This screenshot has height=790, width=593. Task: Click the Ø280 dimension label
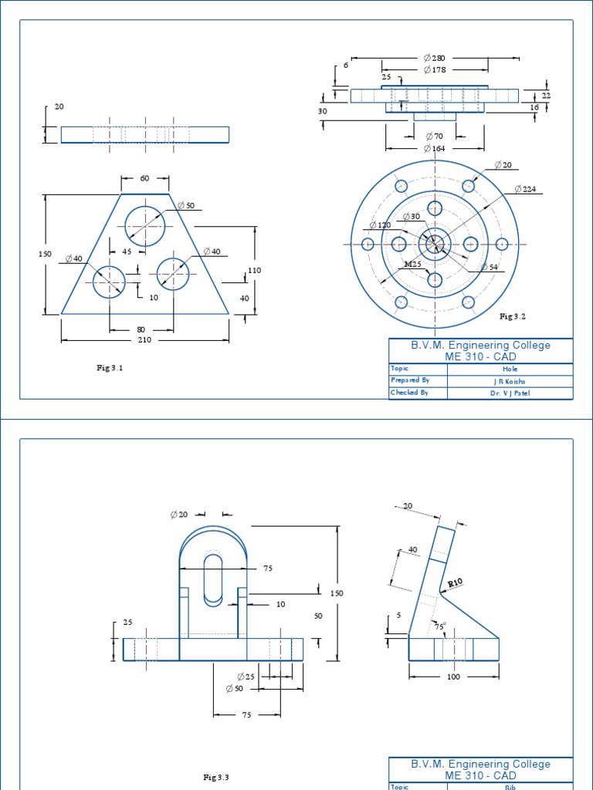(x=435, y=58)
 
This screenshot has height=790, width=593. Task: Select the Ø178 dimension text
(x=435, y=69)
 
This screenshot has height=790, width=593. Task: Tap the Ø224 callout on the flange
(x=525, y=189)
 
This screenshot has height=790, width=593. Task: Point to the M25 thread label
(x=413, y=264)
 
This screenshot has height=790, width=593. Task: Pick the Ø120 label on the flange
(x=379, y=225)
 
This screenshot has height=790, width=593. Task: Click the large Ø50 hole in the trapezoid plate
(x=145, y=226)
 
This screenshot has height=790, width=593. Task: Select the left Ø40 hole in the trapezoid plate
(x=109, y=282)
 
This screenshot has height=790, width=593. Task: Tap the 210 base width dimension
(x=144, y=339)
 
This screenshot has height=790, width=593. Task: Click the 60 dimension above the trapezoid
(x=144, y=178)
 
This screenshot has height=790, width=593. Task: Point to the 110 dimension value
(x=254, y=271)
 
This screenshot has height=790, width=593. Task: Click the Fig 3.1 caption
(x=110, y=368)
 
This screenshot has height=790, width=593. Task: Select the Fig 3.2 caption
(x=512, y=316)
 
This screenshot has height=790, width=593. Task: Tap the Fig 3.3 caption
(x=216, y=778)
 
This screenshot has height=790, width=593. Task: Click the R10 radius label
(x=455, y=583)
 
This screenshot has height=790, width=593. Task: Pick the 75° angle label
(x=439, y=626)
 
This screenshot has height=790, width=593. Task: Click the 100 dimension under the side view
(x=452, y=677)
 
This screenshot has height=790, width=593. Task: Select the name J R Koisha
(x=510, y=381)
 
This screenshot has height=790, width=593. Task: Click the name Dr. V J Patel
(x=510, y=393)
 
